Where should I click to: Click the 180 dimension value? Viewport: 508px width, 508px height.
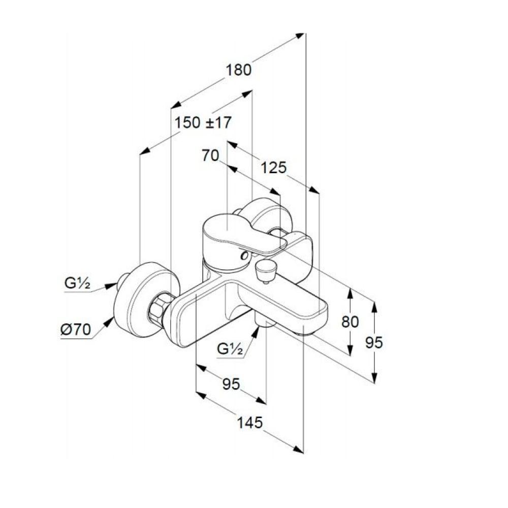click(x=238, y=70)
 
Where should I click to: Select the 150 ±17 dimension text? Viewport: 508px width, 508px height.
click(x=203, y=123)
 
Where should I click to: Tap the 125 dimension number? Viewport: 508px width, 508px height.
click(x=274, y=168)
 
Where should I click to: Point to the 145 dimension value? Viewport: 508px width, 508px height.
click(x=250, y=423)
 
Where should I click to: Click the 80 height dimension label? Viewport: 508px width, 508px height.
click(x=350, y=322)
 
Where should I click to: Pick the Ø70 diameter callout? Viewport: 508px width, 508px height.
click(x=76, y=330)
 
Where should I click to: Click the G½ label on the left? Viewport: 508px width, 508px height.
click(x=77, y=283)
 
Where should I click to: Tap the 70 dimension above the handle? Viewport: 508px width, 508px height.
click(x=210, y=155)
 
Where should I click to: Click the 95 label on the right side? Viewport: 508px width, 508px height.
click(x=374, y=342)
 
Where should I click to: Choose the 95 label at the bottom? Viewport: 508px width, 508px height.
click(x=231, y=384)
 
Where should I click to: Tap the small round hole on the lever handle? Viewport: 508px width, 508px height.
click(x=244, y=256)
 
